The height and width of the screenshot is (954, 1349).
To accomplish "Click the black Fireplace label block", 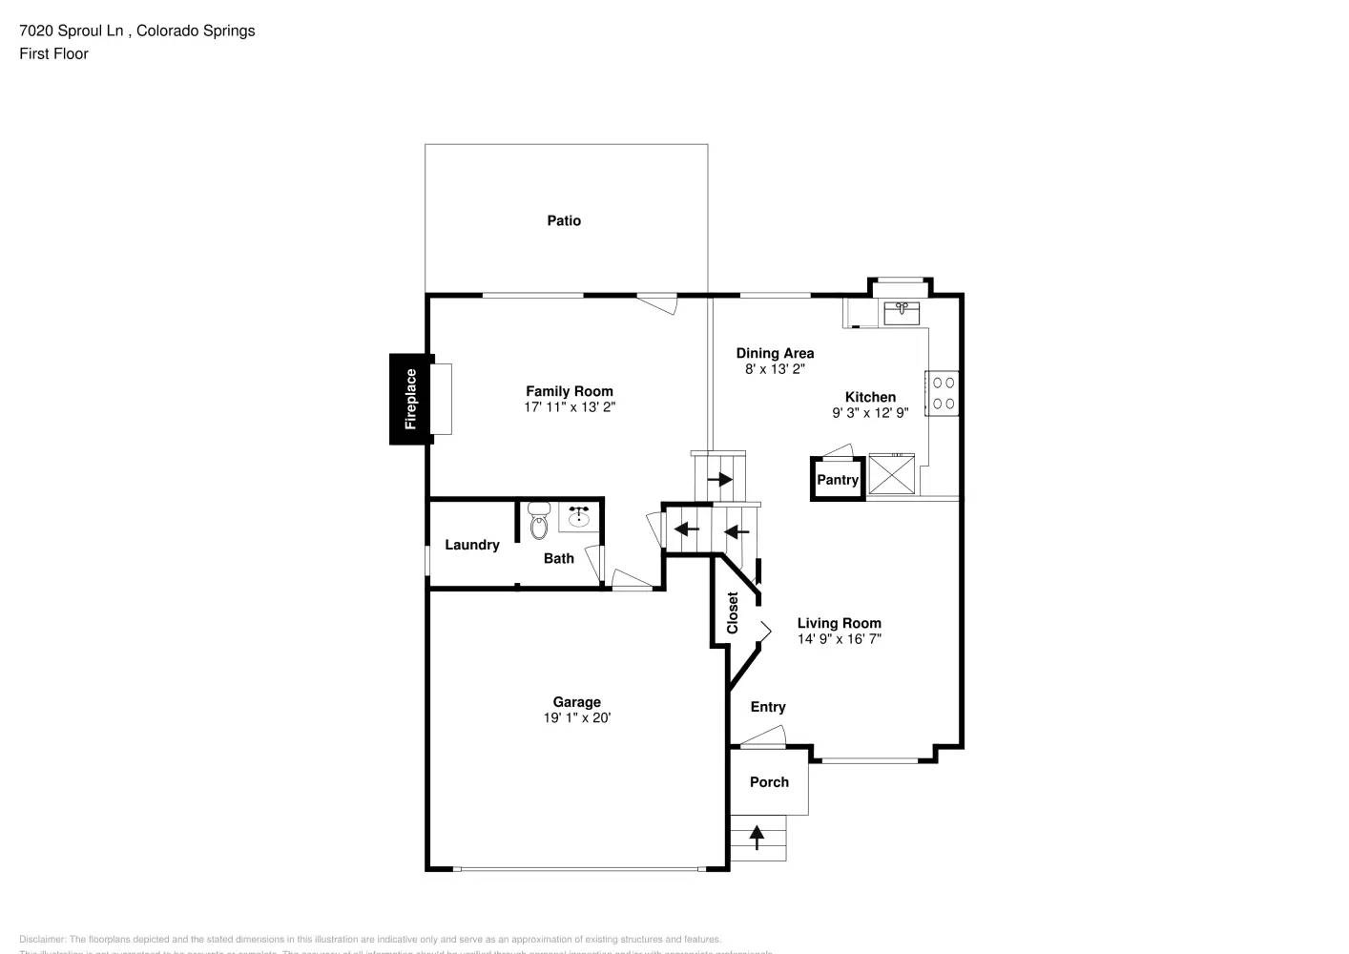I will (411, 399).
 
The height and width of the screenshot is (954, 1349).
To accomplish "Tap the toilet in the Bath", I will (539, 519).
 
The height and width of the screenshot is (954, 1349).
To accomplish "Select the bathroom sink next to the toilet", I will (578, 516).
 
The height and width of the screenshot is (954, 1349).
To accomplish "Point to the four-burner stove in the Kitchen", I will (943, 393).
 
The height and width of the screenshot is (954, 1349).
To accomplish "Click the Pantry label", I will (838, 480).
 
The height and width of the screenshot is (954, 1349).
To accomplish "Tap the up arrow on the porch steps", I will (757, 837).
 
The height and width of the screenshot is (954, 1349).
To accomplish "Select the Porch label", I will (769, 782).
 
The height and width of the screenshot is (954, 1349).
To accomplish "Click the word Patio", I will (564, 220).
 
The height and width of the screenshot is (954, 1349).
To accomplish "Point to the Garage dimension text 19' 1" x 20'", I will (577, 718).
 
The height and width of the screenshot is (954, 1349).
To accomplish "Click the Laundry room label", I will (472, 545).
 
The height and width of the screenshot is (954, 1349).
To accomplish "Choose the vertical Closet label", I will (733, 612).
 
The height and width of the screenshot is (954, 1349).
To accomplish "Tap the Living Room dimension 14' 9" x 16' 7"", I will (840, 639).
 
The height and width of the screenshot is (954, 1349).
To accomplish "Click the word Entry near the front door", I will (768, 707).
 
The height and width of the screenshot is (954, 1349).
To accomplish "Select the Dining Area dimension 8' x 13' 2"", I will (775, 369).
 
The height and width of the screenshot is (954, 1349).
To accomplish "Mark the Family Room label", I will (570, 391).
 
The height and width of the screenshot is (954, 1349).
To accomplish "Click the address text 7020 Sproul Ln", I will (72, 31).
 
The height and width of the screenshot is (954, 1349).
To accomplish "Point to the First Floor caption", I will (53, 53).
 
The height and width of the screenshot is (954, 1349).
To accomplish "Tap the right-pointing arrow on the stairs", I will (719, 479).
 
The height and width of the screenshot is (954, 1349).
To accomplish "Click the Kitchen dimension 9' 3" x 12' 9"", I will (870, 413).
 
